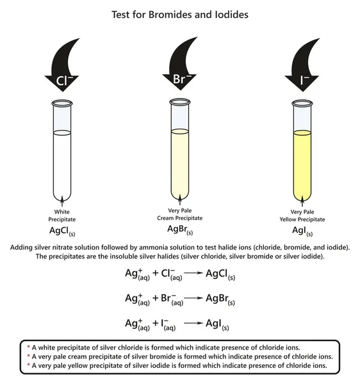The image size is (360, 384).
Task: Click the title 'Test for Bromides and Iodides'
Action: [x=180, y=13]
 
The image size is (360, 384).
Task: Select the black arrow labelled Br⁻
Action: [x=182, y=71]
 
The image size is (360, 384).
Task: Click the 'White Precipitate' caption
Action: [x=61, y=214]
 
